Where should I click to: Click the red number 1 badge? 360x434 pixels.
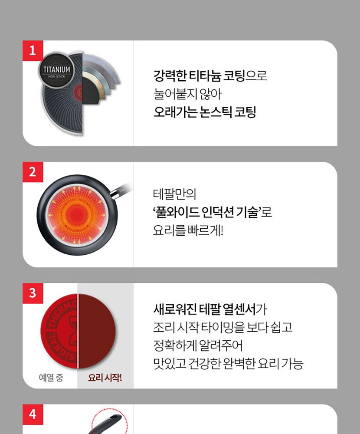(x=33, y=51)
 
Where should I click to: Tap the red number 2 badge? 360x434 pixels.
(x=33, y=172)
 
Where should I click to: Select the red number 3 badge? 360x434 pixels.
(x=33, y=293)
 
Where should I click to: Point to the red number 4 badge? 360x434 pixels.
(x=33, y=414)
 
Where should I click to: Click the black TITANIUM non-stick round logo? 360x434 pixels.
(x=56, y=70)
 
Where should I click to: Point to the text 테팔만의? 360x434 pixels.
(x=175, y=194)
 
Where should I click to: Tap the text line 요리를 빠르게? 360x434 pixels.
(x=188, y=230)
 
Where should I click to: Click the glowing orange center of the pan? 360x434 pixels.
(x=77, y=215)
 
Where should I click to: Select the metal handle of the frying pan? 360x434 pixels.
(x=121, y=191)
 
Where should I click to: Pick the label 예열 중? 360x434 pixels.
(x=51, y=377)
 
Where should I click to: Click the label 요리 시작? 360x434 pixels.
(x=105, y=377)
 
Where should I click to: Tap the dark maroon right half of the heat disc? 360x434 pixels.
(x=97, y=331)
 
